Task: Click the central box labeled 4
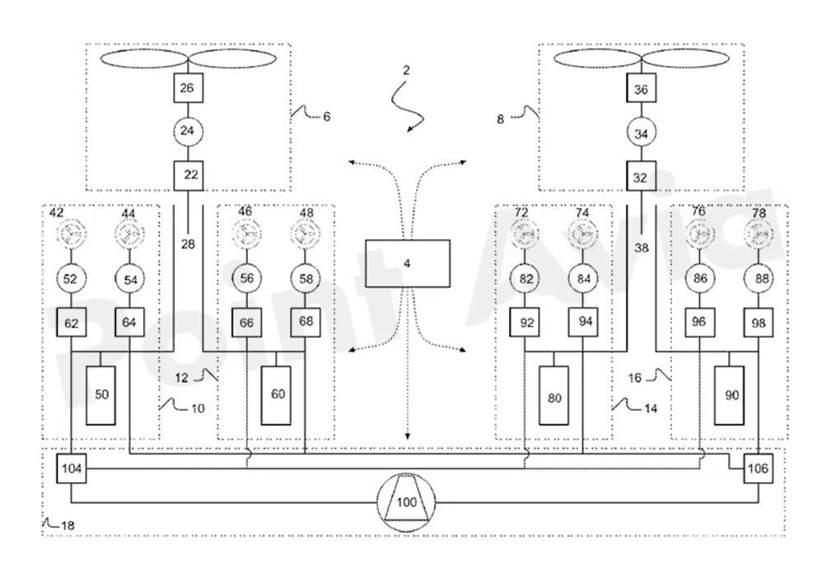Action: click(408, 263)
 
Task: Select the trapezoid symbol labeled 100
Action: click(407, 501)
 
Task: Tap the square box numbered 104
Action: click(72, 468)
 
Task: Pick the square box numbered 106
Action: click(759, 468)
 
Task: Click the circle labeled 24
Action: click(188, 130)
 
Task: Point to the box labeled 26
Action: click(188, 88)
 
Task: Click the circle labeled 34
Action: click(642, 134)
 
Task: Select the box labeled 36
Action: click(642, 88)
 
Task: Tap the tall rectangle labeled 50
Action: click(100, 395)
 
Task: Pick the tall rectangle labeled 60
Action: click(276, 395)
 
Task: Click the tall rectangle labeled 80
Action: click(553, 395)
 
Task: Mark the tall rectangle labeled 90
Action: click(729, 395)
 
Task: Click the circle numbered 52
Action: click(71, 279)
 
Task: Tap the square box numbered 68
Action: click(306, 322)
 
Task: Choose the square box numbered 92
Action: click(525, 322)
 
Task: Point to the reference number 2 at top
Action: click(407, 70)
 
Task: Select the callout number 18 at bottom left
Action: click(68, 526)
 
